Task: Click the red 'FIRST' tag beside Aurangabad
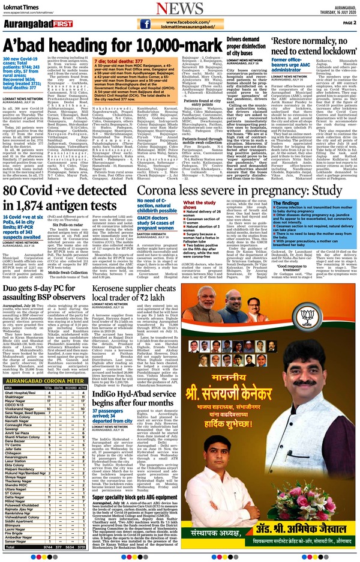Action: coord(60,23)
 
